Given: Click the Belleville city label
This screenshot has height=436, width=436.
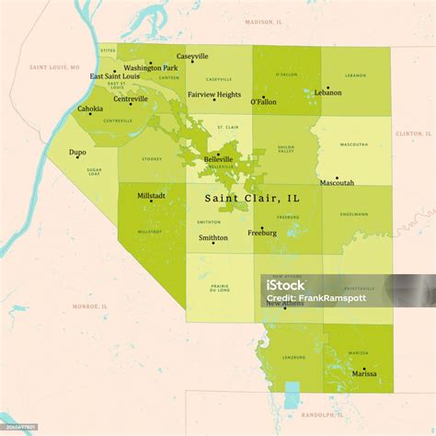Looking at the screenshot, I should point(218,159).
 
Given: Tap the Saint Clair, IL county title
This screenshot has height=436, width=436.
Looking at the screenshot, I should point(251,198).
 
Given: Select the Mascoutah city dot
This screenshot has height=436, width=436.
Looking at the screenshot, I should point(337,178).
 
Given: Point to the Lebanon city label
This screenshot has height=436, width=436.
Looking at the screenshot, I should point(327,93).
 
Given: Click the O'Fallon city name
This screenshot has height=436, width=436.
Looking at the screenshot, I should point(263,103).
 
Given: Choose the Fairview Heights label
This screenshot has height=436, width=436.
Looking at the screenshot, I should point(214,95).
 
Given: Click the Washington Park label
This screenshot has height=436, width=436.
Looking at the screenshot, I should point(151,68).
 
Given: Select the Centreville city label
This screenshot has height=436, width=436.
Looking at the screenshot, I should point(131,98).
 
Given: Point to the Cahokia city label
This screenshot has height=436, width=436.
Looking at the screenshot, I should point(90,109).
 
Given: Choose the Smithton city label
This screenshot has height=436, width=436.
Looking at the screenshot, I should point(213,237).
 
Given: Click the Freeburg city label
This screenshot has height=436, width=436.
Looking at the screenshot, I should point(262,234).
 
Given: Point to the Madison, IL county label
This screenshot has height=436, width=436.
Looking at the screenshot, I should point(265,21).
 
